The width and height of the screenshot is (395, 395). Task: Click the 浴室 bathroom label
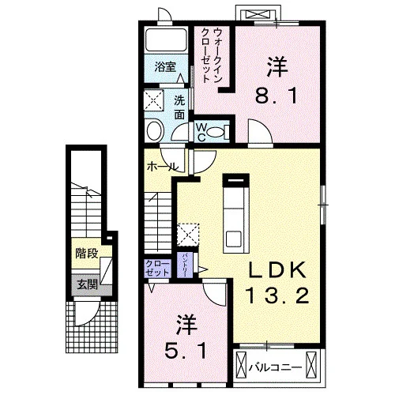pos(165,67)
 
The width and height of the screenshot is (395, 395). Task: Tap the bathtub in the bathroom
pos(167,39)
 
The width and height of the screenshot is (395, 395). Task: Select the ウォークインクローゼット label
pos(213,55)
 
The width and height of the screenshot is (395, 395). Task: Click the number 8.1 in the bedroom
pos(276,96)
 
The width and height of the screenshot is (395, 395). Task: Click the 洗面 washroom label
pos(179,107)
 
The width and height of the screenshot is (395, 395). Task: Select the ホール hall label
pos(163,167)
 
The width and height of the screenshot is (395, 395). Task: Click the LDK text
pos(277,270)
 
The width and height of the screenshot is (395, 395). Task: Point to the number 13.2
pos(277,295)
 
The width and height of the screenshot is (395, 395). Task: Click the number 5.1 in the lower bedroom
pos(186,351)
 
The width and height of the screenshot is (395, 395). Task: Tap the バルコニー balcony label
pos(275,367)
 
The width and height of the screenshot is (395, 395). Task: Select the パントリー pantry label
pos(184,265)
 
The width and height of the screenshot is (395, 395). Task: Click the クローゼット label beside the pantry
pos(157,269)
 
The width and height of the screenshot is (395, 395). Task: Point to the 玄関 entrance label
pos(87,284)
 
